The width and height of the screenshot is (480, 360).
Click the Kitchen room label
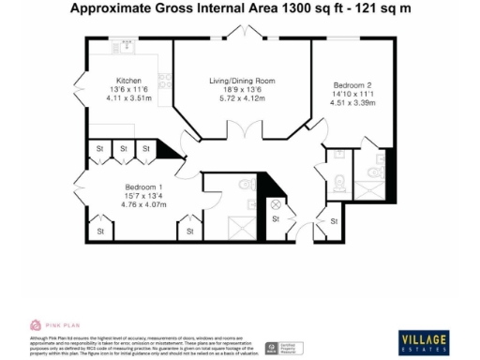[x=128, y=81]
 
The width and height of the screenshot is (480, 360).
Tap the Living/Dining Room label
[x=241, y=82]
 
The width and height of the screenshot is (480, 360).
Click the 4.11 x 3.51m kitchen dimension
[x=128, y=97]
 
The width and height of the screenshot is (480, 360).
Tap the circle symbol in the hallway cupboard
[x=276, y=203]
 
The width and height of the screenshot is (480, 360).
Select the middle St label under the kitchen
[x=122, y=147]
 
